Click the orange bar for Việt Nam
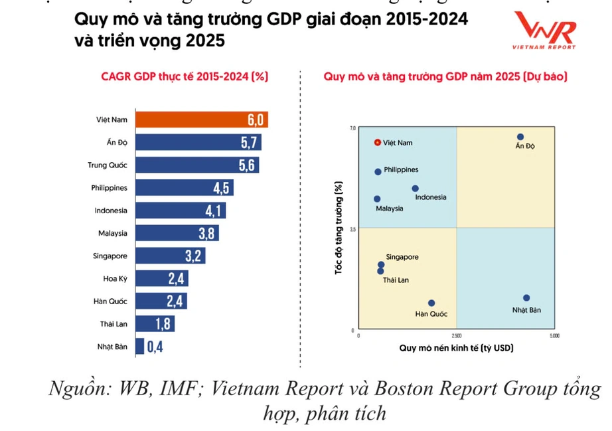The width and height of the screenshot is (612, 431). pos(201,120)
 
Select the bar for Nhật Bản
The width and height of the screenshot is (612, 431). pos(139,346)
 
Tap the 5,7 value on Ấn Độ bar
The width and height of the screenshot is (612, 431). pos(249,143)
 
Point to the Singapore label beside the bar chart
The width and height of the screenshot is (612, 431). pos(111,256)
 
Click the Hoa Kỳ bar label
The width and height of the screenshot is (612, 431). pos(115,278)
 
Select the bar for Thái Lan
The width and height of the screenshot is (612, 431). pos(155,323)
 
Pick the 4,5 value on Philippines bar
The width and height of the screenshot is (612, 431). pos(222,188)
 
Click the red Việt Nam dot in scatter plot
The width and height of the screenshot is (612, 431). pos(378,142)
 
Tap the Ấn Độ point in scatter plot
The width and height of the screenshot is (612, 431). pos(520,137)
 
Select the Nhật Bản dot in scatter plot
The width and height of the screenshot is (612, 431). pos(526,298)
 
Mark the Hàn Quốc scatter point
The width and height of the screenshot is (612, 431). pos(431,303)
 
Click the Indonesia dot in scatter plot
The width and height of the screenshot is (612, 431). pos(416,189)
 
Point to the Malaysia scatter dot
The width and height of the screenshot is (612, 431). pos(377,199)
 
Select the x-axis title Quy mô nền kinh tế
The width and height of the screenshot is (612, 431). pos(455,347)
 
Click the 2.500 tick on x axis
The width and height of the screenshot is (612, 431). pos(456,336)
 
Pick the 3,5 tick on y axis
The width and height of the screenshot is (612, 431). pos(352,228)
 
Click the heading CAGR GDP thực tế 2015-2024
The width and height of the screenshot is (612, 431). pos(184,76)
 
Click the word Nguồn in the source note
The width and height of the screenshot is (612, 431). pos(80,388)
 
